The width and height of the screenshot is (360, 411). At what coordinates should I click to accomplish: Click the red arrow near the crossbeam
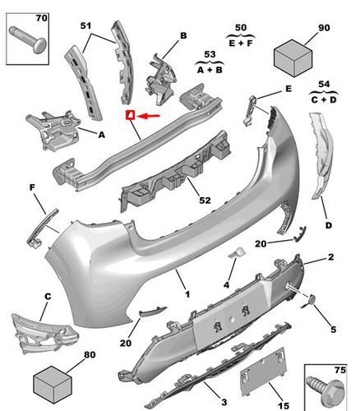(149, 117)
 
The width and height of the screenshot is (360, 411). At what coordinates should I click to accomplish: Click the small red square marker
(130, 116)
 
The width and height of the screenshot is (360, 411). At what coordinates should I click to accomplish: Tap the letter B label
(183, 35)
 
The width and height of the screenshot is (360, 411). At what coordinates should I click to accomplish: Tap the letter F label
(34, 188)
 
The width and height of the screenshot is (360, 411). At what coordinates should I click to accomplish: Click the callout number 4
(227, 285)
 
